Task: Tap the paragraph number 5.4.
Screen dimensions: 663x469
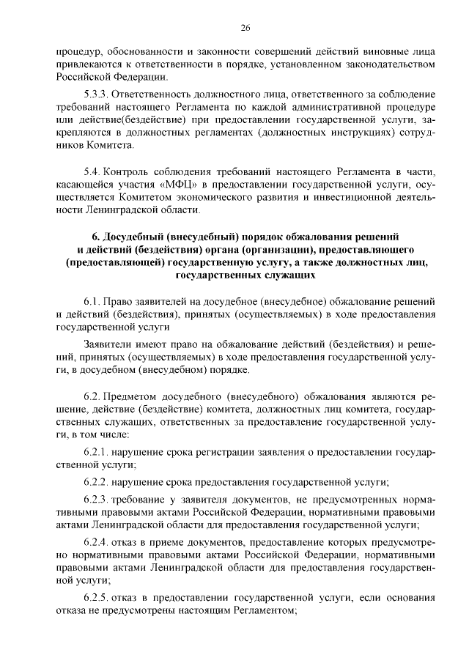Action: pos(92,171)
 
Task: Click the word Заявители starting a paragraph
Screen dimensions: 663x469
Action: pos(108,344)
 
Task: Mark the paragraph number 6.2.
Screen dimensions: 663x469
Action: pos(92,396)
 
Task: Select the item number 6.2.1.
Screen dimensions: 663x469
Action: pos(97,452)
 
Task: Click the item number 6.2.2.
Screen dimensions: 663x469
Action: pos(97,482)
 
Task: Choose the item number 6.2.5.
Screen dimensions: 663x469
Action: pos(97,599)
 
